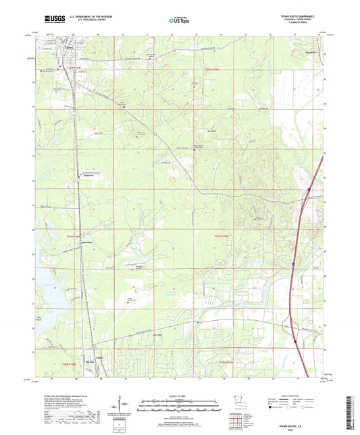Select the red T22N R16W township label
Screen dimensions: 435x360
click(x=73, y=68)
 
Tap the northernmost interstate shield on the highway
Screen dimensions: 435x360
click(x=309, y=190)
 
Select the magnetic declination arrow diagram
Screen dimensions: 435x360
click(x=122, y=405)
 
